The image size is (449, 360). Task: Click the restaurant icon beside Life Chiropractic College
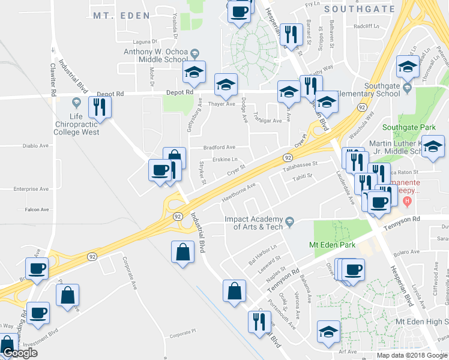coord(99,108)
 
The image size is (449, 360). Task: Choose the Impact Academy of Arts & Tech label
coord(253,223)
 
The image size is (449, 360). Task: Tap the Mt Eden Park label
coord(328,245)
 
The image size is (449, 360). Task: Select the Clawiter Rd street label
coord(53,80)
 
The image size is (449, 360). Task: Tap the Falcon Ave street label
coord(37,209)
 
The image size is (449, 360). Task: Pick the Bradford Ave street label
coord(219,147)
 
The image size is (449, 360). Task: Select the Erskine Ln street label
coord(226,160)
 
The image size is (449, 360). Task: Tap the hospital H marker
coord(408,200)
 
